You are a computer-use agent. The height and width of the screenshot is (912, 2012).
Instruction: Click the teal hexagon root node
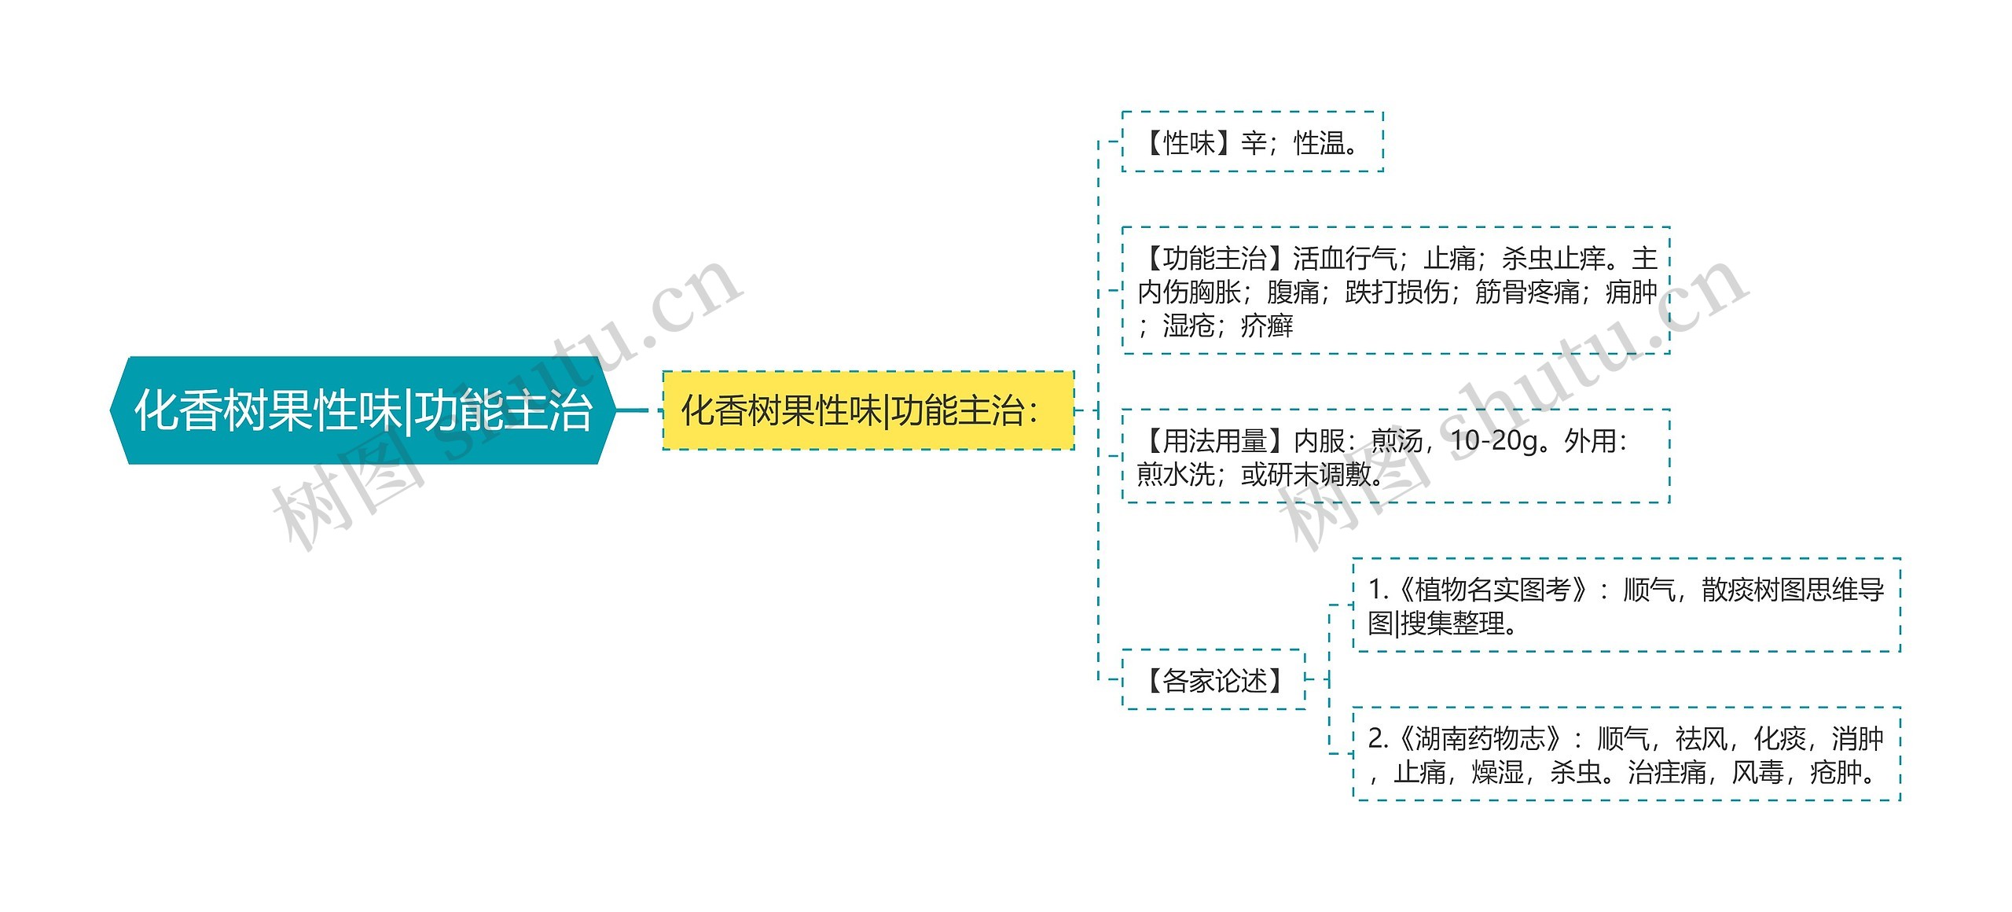click(362, 410)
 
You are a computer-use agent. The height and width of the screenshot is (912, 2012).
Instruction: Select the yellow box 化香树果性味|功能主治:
click(868, 410)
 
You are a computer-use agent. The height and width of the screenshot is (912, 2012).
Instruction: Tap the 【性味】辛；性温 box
click(1251, 143)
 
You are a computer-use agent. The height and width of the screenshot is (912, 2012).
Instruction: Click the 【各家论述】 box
click(1213, 680)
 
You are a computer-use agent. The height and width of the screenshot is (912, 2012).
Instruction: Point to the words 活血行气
click(1344, 258)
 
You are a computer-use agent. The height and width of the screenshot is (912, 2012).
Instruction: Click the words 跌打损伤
click(1397, 292)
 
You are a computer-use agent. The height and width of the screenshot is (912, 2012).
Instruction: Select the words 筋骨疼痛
click(1527, 292)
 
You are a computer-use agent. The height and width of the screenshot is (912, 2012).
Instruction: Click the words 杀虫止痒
click(1553, 258)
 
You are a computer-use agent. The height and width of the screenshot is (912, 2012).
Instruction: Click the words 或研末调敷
click(1305, 475)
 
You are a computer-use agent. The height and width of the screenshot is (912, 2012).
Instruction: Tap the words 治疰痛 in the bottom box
click(1666, 773)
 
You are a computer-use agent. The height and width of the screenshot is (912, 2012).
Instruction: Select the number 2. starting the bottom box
click(1377, 739)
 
